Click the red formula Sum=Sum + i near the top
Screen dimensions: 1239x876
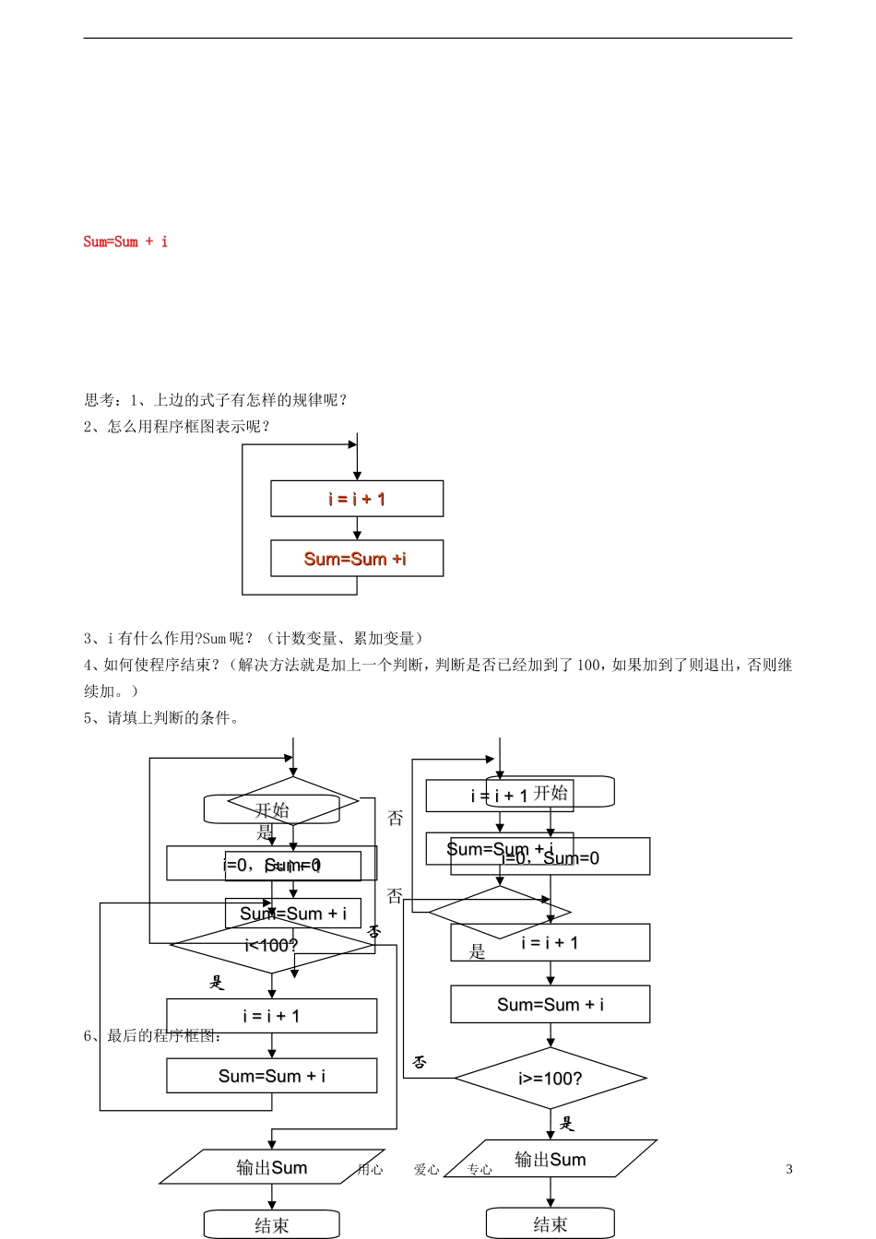coord(125,242)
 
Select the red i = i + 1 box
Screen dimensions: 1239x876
coord(357,499)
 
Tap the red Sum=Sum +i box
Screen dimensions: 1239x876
coord(357,559)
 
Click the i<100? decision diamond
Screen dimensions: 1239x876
coord(272,946)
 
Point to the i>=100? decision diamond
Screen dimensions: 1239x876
coord(550,1079)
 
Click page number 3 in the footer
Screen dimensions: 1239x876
coord(789,1169)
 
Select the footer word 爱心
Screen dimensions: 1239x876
coord(426,1170)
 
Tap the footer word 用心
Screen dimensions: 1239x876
coord(370,1170)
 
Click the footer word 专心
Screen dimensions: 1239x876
coord(479,1170)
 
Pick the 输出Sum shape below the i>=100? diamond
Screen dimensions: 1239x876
coord(550,1160)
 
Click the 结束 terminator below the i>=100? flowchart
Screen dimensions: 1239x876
coord(550,1224)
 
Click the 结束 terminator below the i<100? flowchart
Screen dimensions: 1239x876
coord(272,1225)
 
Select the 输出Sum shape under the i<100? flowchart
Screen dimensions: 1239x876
coord(272,1168)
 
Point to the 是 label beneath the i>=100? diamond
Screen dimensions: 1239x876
coord(567,1123)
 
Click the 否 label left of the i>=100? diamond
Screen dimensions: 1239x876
coord(420,1062)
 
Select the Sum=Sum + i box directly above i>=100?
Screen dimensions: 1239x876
coord(550,1005)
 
